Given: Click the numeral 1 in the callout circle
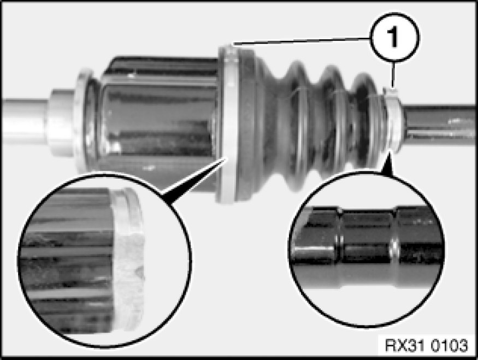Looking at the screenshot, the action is (x=393, y=37).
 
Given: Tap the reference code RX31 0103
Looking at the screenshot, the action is (x=426, y=345).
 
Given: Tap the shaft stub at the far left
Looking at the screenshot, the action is (x=25, y=117).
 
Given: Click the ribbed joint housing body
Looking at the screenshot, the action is (x=158, y=122).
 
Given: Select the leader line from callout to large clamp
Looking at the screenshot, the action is (x=302, y=42).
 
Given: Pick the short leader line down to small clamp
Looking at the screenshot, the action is (x=393, y=74).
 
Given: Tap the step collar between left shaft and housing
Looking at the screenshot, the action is (x=61, y=122).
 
